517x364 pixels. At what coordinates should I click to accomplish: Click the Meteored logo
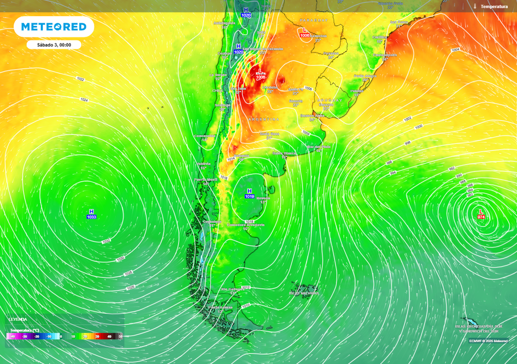[54, 27]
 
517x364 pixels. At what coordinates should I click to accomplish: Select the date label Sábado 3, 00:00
[54, 45]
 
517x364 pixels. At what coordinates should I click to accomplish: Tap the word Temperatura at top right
[494, 6]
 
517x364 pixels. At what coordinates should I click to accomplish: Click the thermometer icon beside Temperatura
[475, 6]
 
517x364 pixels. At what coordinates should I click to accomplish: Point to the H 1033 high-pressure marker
[91, 214]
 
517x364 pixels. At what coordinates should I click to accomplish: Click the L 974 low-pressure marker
[481, 214]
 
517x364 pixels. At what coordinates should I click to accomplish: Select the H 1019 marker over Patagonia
[249, 194]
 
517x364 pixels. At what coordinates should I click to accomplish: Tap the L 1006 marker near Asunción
[304, 33]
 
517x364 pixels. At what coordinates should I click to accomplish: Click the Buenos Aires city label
[312, 115]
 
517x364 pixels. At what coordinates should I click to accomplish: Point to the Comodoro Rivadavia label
[245, 225]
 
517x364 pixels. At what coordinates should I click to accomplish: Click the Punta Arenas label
[221, 307]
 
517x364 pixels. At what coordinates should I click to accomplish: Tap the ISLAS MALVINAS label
[304, 293]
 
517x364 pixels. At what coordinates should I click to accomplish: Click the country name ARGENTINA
[263, 119]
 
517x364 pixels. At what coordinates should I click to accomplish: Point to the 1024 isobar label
[84, 100]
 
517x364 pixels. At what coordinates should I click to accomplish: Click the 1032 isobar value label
[106, 242]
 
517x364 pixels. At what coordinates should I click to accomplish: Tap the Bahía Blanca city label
[283, 153]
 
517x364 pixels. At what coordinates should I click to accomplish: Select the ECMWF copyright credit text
[488, 341]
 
